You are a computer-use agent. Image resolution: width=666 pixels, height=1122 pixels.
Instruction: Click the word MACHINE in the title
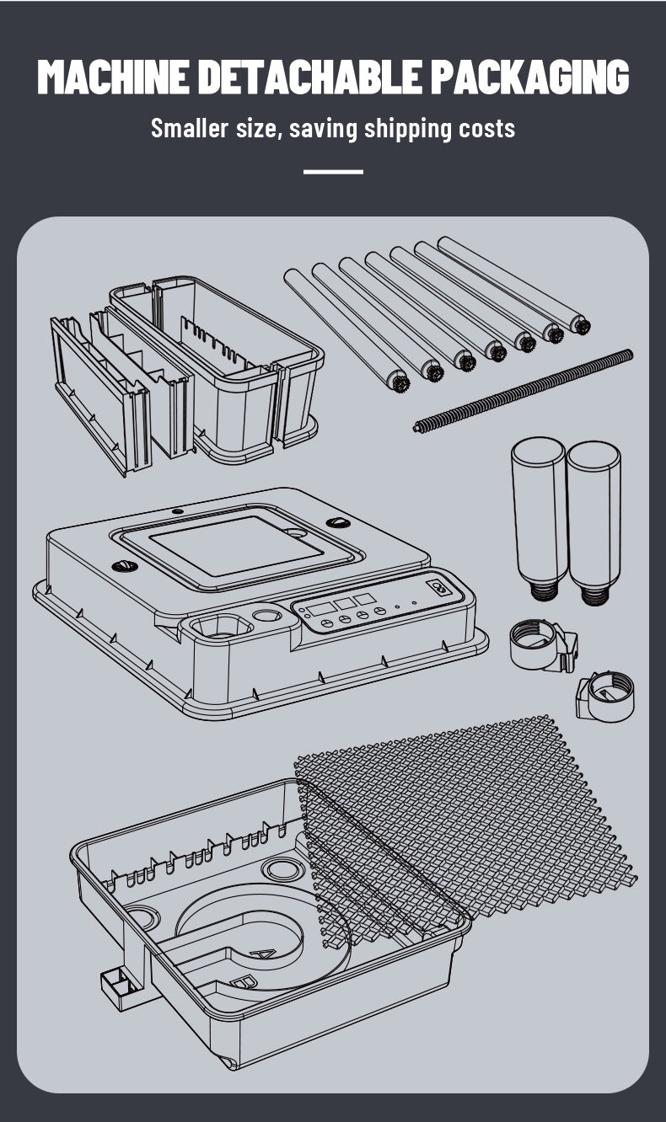click(114, 77)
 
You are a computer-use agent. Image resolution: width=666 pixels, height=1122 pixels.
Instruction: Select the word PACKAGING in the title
click(530, 77)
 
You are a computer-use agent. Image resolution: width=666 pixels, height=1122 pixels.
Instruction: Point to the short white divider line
click(333, 172)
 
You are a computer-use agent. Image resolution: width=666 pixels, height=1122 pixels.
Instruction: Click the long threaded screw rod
click(523, 391)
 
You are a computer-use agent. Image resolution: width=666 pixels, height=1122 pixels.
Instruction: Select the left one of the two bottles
click(540, 518)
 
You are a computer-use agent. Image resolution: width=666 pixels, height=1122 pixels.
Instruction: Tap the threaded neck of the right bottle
click(596, 595)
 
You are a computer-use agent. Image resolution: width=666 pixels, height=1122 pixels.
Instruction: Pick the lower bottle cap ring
click(605, 697)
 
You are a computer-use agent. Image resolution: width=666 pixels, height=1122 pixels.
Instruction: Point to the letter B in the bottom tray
click(245, 983)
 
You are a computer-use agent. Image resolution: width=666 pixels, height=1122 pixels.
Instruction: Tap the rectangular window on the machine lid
click(237, 546)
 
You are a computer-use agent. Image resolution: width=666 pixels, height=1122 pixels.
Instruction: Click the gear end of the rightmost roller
click(582, 327)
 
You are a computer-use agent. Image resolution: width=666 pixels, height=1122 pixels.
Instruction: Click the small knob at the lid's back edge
click(177, 511)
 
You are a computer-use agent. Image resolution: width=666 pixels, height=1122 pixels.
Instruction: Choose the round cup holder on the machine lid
click(222, 626)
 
